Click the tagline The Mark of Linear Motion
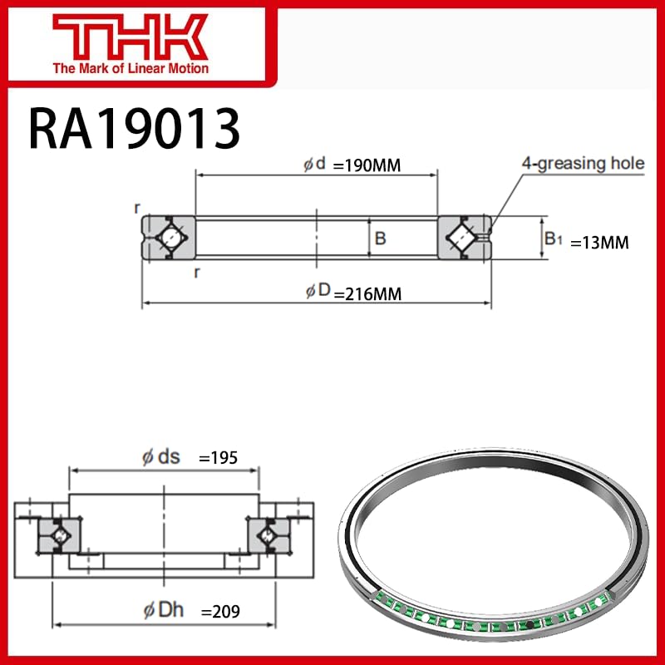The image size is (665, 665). (x=131, y=68)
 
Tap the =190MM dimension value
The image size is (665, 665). (x=367, y=165)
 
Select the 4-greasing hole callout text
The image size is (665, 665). (x=583, y=163)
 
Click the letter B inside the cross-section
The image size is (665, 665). (x=380, y=239)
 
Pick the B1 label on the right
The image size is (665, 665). (x=554, y=239)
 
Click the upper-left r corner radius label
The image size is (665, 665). (x=137, y=208)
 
